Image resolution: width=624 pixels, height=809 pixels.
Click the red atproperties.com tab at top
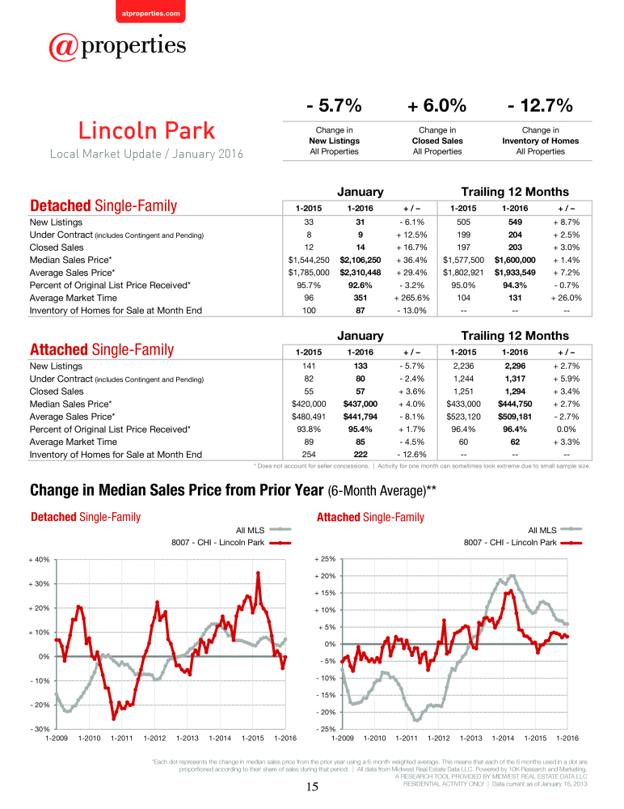point(150,11)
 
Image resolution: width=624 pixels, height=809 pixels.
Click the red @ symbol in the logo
point(63,48)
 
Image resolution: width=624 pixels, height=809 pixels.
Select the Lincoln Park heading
point(146,130)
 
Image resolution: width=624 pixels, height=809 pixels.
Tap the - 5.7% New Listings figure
point(334,105)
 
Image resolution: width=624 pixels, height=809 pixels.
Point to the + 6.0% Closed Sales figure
point(436,105)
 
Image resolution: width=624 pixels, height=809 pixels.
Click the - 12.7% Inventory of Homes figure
point(540,105)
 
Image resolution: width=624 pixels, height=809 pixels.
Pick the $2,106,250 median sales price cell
point(360,260)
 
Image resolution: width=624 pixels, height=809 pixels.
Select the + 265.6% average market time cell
point(411,298)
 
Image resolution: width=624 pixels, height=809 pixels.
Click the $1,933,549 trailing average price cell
point(515,273)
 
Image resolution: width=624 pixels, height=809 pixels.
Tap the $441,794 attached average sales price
point(360,417)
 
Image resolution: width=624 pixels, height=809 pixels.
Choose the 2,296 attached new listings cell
point(515,366)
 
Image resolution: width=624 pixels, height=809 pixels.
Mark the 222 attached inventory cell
point(360,455)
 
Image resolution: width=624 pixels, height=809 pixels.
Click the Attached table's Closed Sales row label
point(57,391)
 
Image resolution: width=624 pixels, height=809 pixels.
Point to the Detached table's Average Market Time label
point(74,298)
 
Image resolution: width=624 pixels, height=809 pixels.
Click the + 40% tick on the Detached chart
point(39,560)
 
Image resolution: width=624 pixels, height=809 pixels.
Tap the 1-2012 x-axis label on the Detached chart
point(154,739)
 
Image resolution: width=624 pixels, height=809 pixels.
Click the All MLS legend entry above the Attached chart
point(555,530)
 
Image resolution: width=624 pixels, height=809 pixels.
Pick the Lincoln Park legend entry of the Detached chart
point(231,543)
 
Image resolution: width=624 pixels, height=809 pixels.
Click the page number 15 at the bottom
point(312,786)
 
